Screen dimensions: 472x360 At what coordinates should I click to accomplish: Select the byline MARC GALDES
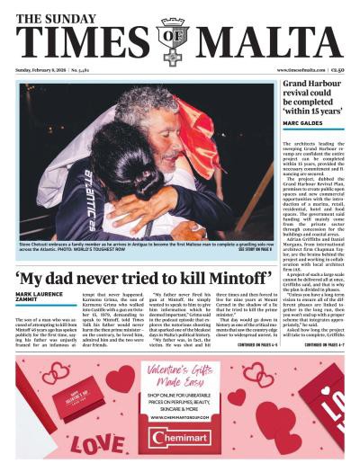303,122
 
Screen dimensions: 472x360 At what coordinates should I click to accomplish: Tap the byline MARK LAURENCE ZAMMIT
39,298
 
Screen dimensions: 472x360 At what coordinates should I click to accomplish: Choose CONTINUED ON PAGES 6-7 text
325,344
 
